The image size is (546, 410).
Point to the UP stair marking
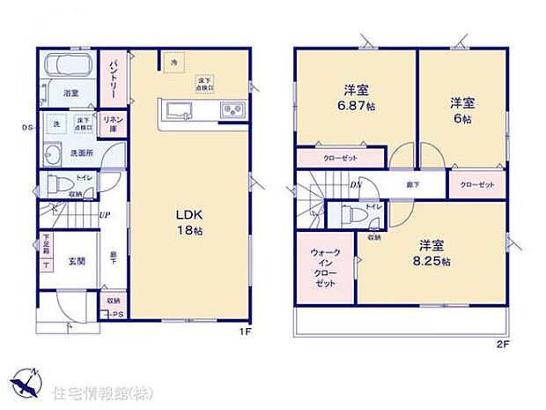pyautogui.click(x=105, y=215)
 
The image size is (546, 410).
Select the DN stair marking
pyautogui.click(x=355, y=185)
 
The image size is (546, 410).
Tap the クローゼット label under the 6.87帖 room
pyautogui.click(x=339, y=158)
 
